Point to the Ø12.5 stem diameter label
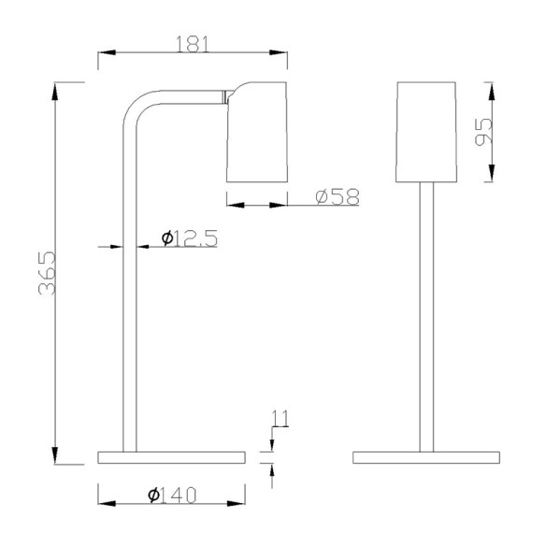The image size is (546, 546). pos(190,239)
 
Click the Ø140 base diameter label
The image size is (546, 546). pos(173,496)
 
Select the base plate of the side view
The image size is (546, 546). pos(172,457)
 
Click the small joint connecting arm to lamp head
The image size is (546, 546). pos(225,93)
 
